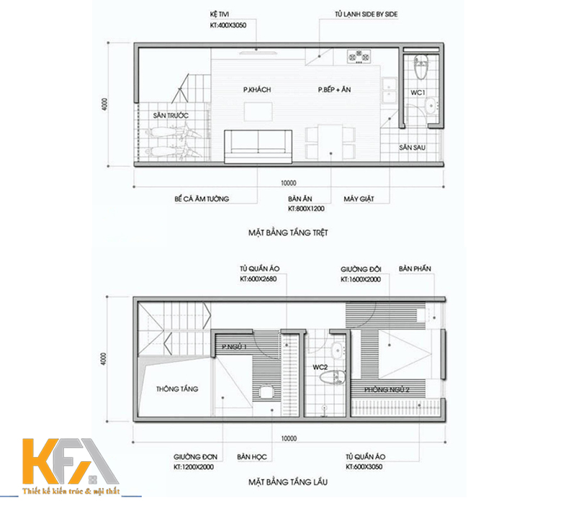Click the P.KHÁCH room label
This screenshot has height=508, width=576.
tap(257, 89)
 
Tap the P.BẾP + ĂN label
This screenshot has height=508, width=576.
tap(334, 89)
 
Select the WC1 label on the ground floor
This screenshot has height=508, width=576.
tap(418, 93)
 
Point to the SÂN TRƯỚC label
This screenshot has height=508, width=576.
tap(171, 115)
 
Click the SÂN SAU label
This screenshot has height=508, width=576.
tap(413, 148)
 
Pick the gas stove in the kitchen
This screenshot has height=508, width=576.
tap(358, 57)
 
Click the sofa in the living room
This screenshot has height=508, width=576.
tap(258, 147)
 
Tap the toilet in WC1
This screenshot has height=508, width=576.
tap(421, 67)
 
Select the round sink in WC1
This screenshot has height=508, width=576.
tap(430, 106)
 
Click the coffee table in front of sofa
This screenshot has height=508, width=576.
tap(258, 112)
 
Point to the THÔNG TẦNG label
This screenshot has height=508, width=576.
tap(177, 389)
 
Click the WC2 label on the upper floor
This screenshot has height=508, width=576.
tap(320, 367)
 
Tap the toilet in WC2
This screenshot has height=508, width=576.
tap(333, 378)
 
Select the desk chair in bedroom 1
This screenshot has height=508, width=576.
tap(266, 391)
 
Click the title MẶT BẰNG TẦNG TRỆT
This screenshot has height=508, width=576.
tap(288, 232)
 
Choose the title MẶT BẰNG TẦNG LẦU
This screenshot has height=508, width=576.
tap(288, 482)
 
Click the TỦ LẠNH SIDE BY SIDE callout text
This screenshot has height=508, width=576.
tap(366, 14)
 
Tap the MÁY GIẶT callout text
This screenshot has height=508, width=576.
tap(359, 199)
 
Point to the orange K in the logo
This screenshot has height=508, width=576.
tap(42, 461)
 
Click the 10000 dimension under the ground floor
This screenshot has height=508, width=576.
tap(289, 183)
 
